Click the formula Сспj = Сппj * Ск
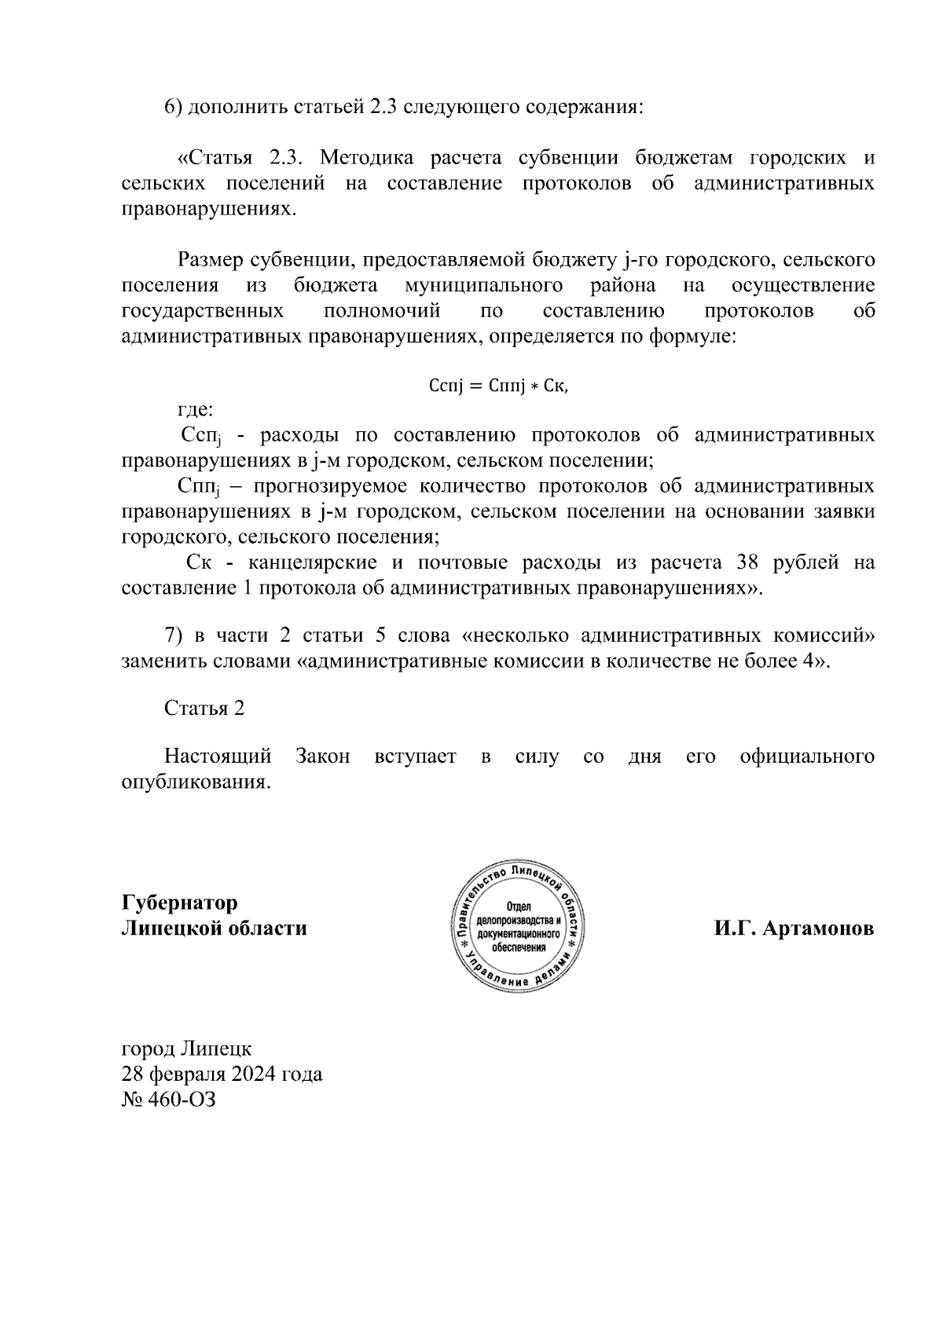[x=498, y=386]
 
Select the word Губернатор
[x=179, y=903]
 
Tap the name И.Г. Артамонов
[x=794, y=928]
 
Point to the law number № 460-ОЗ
[x=168, y=1100]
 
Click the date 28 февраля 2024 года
[x=222, y=1074]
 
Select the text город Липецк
[x=186, y=1049]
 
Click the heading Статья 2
[x=204, y=708]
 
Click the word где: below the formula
[x=194, y=409]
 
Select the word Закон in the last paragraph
[x=323, y=756]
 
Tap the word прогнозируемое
[x=328, y=486]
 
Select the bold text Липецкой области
[x=214, y=928]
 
